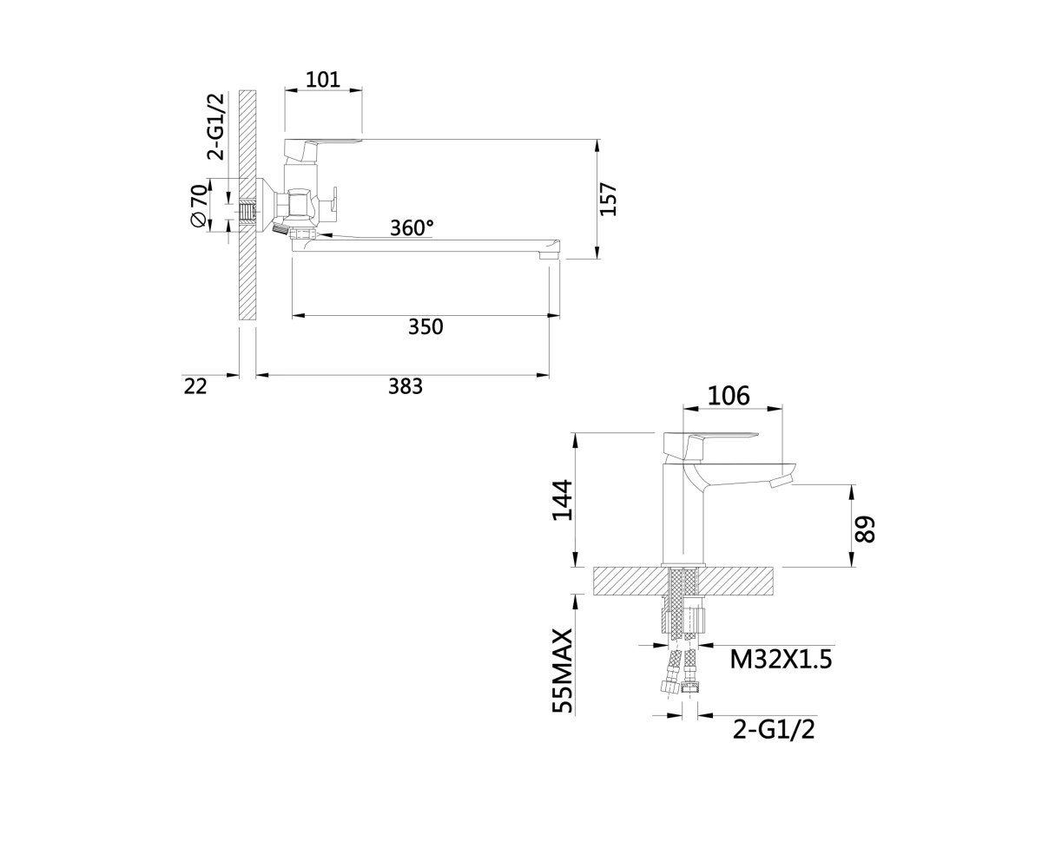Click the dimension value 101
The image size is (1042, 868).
click(x=322, y=80)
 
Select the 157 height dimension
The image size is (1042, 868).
click(x=609, y=199)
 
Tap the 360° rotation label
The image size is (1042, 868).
click(x=412, y=228)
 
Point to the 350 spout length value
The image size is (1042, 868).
click(x=425, y=326)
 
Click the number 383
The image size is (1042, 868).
click(x=406, y=386)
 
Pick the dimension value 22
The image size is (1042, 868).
click(x=195, y=386)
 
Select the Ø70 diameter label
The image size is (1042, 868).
click(x=198, y=206)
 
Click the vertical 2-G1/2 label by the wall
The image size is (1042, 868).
click(x=216, y=126)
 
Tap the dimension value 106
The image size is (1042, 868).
click(x=729, y=396)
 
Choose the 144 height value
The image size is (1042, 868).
click(x=563, y=500)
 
